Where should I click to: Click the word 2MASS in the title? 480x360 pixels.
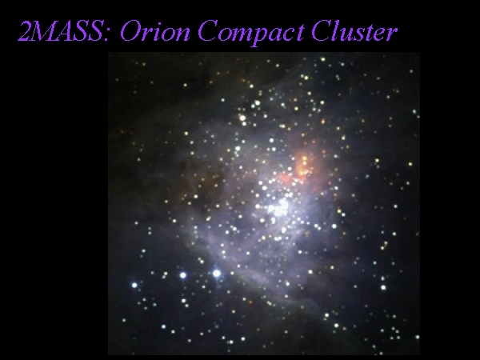[x=61, y=31]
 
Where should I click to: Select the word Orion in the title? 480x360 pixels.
[x=155, y=31]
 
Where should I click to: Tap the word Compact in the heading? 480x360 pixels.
[x=251, y=33]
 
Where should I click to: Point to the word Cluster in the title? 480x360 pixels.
[x=354, y=31]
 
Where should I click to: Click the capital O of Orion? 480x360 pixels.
[x=131, y=31]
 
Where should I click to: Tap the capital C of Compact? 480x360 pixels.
[x=208, y=31]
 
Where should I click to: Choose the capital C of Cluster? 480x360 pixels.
[x=322, y=31]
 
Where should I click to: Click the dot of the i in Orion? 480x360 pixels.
[x=159, y=22]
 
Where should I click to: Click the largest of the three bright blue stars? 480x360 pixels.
[x=217, y=274]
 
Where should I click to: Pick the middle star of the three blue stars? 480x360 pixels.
[x=182, y=275]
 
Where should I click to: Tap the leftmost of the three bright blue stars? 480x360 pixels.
[x=134, y=286]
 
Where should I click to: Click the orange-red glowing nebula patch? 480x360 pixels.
[x=302, y=168]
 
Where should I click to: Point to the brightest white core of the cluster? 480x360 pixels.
[x=280, y=208]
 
